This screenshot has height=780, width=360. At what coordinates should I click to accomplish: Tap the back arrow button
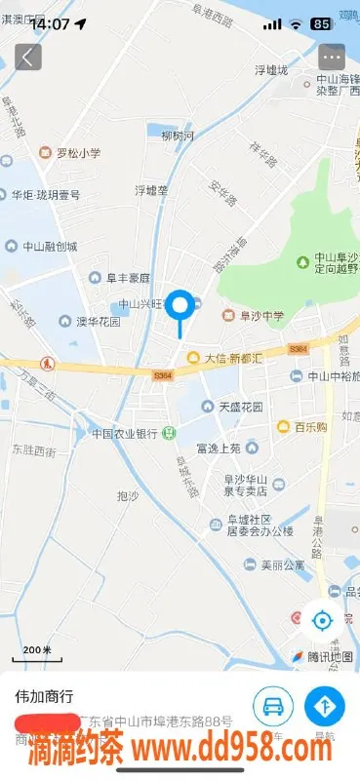pos(27,57)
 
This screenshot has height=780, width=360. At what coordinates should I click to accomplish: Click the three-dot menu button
pos(332,57)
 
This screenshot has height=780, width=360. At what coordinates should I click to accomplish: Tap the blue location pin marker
pos(180,307)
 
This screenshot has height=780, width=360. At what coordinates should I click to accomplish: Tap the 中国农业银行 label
pos(125,433)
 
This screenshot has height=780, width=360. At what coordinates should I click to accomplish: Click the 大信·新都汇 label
pos(232,358)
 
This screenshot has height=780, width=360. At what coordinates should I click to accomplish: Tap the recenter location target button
pos(322,619)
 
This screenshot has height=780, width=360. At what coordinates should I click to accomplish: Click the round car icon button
pos(274,706)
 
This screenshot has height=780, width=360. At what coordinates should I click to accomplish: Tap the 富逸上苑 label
pos(218,448)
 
